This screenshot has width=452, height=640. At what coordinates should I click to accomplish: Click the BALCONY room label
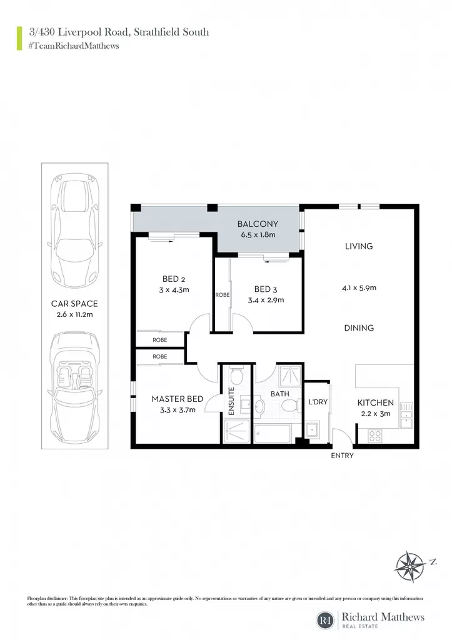click(x=258, y=224)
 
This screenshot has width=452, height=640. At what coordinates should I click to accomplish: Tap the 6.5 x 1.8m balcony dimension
click(x=258, y=235)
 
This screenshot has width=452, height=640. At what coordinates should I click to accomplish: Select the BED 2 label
click(x=174, y=279)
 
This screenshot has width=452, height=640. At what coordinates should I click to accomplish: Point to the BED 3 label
click(x=266, y=289)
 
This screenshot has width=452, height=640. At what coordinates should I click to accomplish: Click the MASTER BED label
click(x=177, y=399)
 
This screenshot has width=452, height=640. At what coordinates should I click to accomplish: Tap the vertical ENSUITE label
click(x=231, y=401)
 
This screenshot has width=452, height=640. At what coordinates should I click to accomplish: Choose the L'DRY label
click(x=318, y=402)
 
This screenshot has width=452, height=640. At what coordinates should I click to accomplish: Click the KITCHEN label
click(x=376, y=402)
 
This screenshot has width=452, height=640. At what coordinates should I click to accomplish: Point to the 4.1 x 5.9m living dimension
click(x=359, y=287)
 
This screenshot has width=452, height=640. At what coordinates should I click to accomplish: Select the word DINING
click(x=359, y=327)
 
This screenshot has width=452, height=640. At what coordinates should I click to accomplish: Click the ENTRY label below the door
click(x=342, y=456)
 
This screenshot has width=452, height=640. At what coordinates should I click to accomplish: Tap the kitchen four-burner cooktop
click(x=375, y=436)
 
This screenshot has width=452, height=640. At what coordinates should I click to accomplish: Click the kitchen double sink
click(x=406, y=415)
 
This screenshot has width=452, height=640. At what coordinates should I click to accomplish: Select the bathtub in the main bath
click(x=273, y=433)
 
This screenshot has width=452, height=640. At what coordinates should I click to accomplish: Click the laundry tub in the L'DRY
click(x=313, y=431)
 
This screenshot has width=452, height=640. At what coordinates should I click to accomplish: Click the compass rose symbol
click(x=409, y=566)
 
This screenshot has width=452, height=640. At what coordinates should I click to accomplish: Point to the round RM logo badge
click(x=326, y=620)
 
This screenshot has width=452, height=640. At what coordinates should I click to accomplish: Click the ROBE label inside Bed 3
click(x=223, y=295)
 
